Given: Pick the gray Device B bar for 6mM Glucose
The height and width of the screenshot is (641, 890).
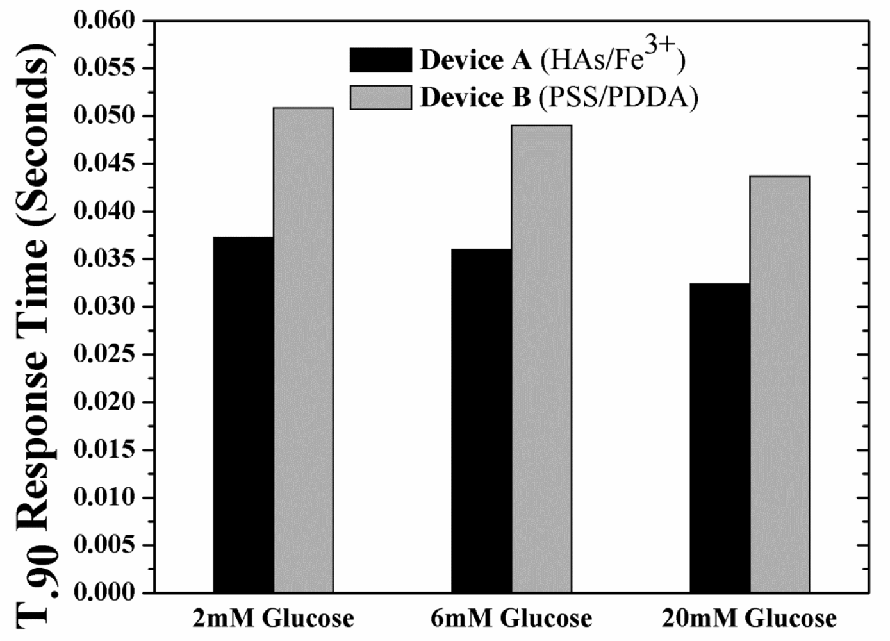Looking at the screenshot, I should (541, 359).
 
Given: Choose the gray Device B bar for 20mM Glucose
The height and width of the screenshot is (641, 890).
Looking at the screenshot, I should (780, 384).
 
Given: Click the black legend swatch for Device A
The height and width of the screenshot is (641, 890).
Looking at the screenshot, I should (381, 60).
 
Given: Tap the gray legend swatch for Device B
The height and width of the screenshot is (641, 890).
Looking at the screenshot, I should (381, 97).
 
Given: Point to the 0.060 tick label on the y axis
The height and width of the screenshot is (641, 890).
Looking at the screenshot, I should (105, 21).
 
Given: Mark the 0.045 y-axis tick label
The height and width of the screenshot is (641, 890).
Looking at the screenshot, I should (105, 163).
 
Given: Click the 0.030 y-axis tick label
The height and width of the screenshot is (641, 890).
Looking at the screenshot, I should (105, 306).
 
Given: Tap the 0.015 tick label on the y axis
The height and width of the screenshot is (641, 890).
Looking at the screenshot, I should (105, 449).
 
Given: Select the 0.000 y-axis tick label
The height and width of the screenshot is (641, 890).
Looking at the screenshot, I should (105, 592).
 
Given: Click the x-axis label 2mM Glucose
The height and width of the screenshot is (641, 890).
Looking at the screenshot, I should (274, 619).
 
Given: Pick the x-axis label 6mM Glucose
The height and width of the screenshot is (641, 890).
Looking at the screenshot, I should (511, 619).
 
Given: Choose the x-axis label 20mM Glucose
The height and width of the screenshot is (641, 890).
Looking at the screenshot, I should (749, 619).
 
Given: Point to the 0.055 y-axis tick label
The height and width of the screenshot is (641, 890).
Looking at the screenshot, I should (105, 68).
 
